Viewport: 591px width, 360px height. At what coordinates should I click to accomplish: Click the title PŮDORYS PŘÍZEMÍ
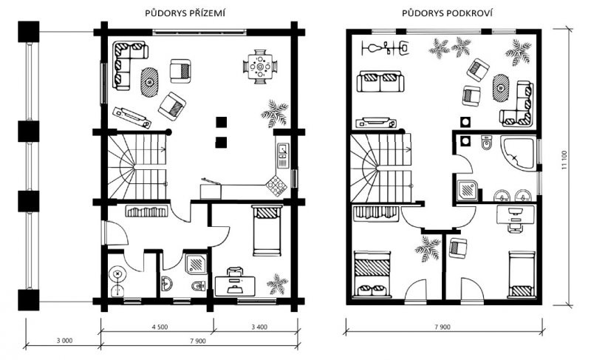185,13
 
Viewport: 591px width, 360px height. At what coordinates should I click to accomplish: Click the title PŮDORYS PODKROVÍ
447,13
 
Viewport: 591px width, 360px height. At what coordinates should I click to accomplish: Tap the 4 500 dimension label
160,327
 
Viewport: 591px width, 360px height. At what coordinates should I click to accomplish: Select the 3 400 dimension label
259,327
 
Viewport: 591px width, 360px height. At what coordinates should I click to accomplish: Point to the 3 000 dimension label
64,341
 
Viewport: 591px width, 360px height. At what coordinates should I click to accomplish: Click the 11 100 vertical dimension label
564,160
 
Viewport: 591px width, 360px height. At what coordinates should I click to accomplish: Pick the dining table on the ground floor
260,67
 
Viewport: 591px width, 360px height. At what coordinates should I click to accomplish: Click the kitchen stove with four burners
276,186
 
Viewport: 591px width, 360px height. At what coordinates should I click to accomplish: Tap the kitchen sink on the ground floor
282,154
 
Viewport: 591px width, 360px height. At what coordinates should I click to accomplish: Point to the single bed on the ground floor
267,231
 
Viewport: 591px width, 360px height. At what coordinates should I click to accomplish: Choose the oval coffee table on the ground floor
150,82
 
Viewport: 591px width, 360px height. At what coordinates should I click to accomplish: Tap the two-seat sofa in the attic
380,81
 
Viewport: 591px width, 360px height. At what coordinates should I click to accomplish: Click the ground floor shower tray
195,262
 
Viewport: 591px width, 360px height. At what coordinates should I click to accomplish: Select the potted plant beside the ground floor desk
277,283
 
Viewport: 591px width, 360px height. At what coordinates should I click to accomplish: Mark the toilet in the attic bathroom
486,143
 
